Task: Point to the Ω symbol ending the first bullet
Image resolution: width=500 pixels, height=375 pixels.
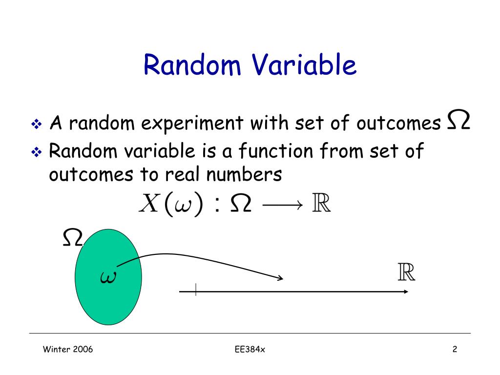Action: coord(458,121)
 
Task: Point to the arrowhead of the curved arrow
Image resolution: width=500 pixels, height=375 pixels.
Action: coord(280,279)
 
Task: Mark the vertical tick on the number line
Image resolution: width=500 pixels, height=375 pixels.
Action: coord(196,290)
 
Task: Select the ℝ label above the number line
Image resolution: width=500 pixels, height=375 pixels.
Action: coord(406,272)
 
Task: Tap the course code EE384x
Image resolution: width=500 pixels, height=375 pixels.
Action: coord(250,349)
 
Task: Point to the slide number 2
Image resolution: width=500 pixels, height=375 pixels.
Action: coord(455,349)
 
